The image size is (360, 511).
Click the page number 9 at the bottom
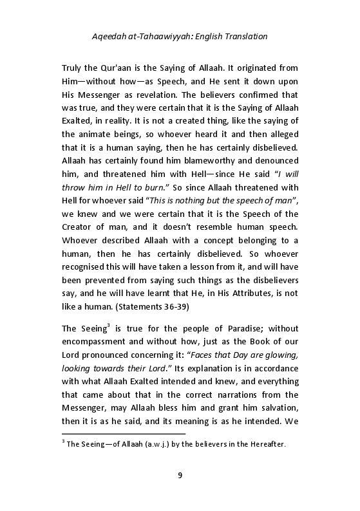(180, 476)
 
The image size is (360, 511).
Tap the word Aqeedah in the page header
(111, 37)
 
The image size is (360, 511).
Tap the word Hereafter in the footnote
(264, 445)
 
